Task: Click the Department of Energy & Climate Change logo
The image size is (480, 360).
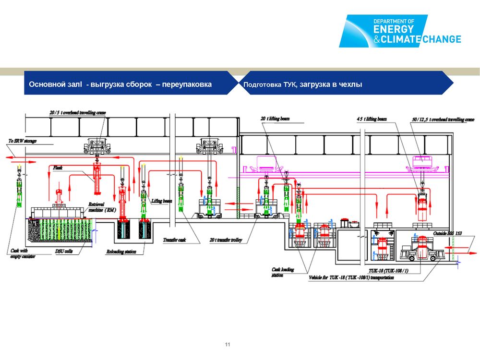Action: coord(400,31)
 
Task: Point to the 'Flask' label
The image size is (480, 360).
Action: coord(59,168)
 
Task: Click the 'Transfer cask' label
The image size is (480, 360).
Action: coord(174,240)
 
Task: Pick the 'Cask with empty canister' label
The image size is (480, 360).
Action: coord(22,253)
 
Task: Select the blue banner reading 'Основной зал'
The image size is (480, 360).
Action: coord(120,84)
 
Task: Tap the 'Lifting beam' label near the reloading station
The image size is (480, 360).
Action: coord(161,201)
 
